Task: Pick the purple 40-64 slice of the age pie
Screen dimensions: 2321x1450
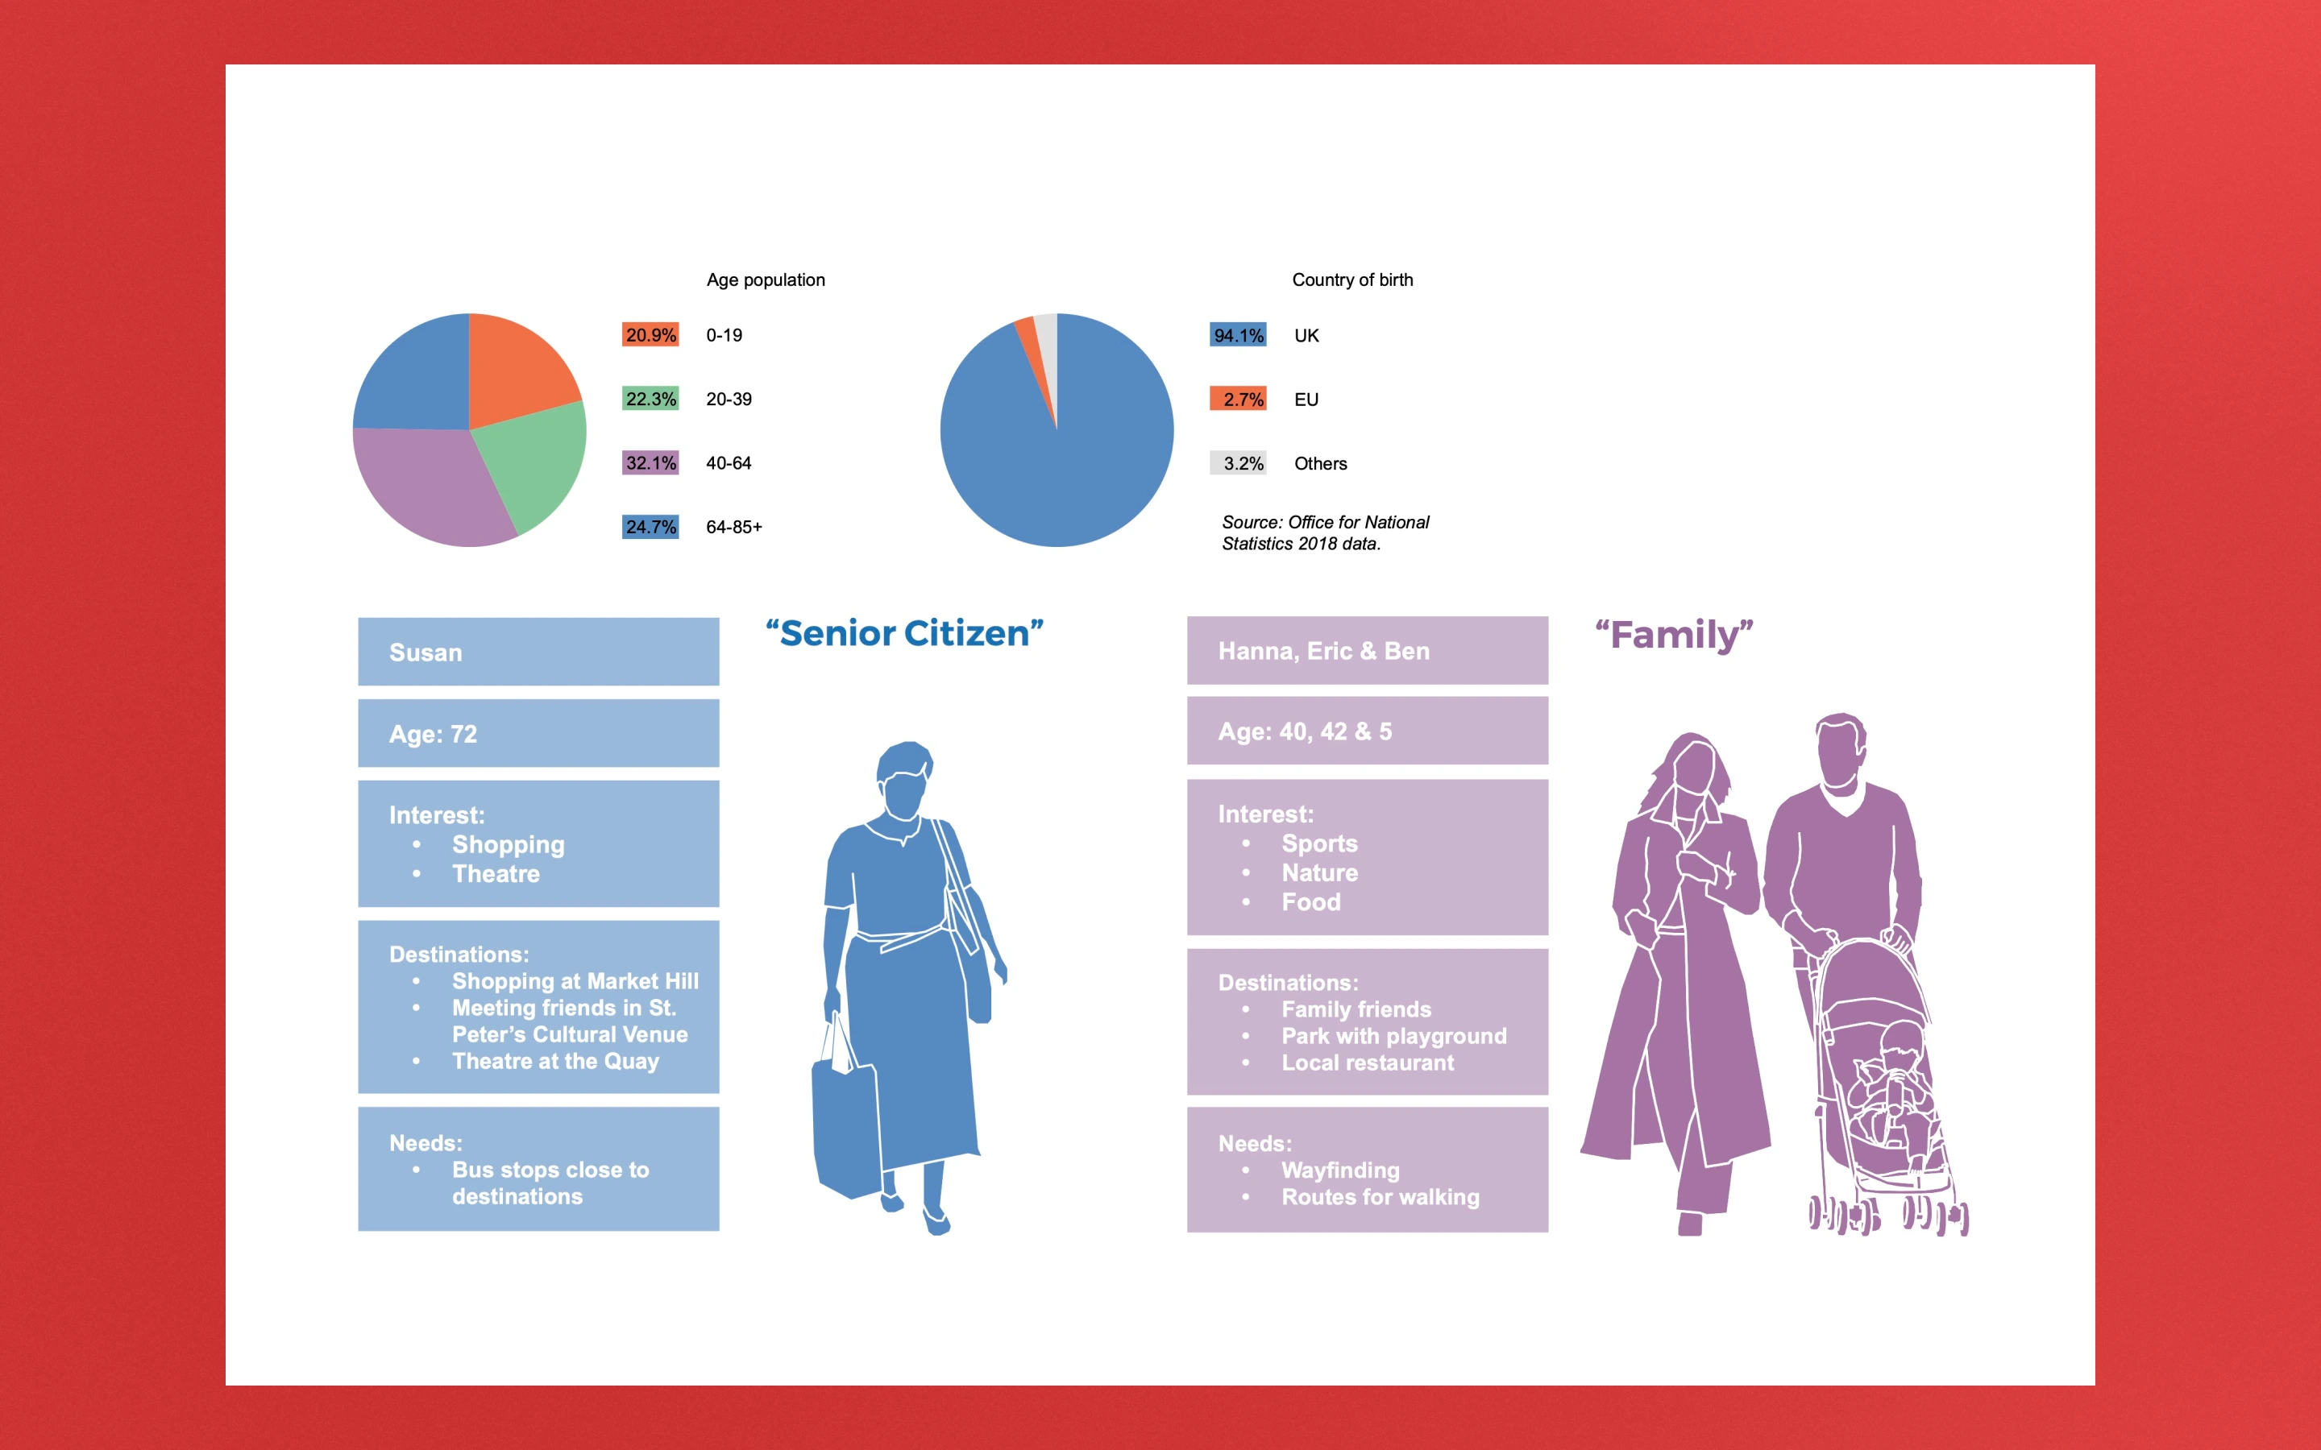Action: (432, 489)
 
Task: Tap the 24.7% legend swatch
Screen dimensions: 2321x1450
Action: (650, 527)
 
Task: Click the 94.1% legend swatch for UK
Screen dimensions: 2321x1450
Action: (1238, 334)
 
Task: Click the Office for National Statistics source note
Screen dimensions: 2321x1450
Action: (1326, 533)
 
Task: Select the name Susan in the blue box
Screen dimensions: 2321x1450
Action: (426, 652)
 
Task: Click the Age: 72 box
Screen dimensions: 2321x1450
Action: (539, 733)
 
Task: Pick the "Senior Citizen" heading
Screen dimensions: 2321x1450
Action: (904, 634)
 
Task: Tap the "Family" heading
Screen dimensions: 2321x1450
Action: (1675, 636)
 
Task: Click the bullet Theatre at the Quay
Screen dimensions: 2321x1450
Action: (555, 1062)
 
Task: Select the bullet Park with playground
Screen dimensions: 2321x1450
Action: (1393, 1036)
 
